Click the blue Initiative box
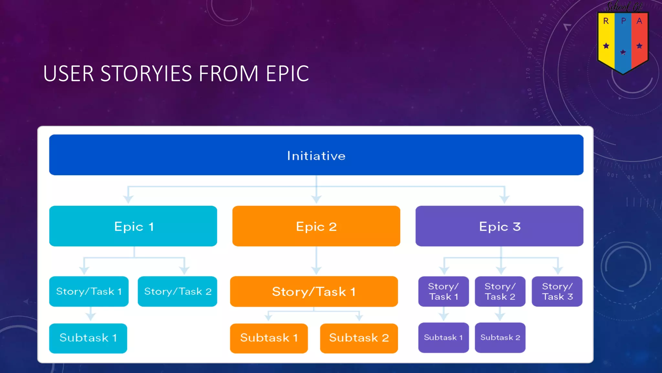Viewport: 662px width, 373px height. [316, 155]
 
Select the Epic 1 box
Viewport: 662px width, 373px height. [133, 226]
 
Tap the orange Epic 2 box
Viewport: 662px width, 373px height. [316, 226]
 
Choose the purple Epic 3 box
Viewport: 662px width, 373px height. [499, 226]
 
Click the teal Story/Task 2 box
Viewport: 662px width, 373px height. [177, 291]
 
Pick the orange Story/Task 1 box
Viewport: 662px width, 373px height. [314, 291]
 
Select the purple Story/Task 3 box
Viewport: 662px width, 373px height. [557, 291]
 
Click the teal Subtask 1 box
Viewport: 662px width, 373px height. [88, 338]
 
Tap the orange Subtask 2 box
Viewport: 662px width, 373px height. [359, 338]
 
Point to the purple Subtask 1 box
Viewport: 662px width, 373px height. [443, 337]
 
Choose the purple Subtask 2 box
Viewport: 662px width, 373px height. [500, 337]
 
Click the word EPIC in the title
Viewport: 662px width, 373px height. [287, 74]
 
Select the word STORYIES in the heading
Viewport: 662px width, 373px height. [146, 74]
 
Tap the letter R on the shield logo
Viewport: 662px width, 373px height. [606, 21]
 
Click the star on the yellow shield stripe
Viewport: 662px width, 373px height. [606, 46]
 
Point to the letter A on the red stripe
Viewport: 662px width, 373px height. [639, 21]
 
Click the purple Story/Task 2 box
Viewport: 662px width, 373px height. [500, 291]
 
